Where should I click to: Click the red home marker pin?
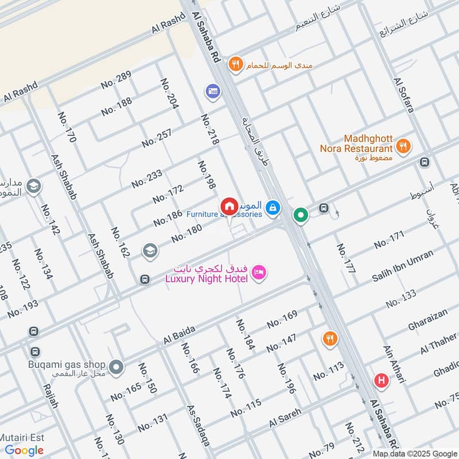(229, 207)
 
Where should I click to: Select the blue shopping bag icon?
(273, 207)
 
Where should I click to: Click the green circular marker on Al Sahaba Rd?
(301, 216)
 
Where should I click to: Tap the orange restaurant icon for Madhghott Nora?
(404, 146)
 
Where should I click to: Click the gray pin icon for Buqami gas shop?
(116, 367)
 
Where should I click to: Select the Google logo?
(25, 450)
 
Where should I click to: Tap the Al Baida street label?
(180, 335)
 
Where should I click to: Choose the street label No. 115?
(246, 409)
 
